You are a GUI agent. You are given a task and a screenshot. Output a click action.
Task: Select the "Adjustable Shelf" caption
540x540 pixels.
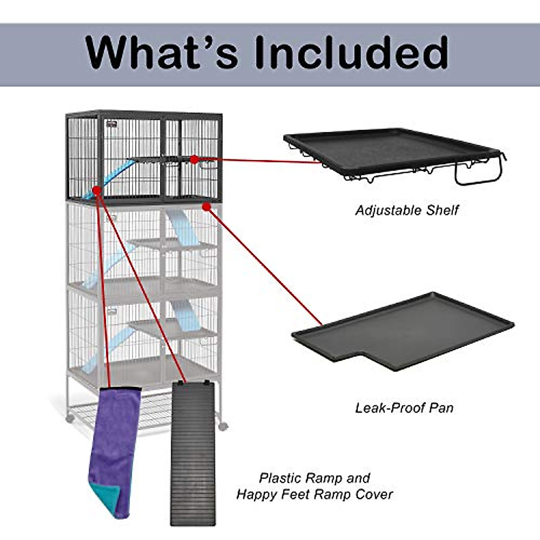[x=407, y=210]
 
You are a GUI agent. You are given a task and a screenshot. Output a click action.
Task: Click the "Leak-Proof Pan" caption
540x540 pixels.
[x=404, y=408]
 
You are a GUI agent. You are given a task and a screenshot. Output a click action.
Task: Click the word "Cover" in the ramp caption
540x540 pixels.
[x=374, y=495]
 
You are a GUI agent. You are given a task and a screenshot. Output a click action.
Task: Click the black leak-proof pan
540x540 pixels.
[x=405, y=328]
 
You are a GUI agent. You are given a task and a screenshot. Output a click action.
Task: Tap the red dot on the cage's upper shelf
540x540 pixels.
[x=194, y=159]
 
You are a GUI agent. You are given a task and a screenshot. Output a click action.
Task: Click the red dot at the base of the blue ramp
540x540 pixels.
[x=96, y=191]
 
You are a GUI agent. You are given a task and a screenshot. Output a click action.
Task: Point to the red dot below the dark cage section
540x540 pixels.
[x=207, y=207]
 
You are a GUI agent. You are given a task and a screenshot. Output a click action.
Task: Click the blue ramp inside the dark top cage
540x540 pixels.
[x=112, y=178]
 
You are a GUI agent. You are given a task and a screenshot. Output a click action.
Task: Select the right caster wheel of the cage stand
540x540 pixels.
[x=223, y=426]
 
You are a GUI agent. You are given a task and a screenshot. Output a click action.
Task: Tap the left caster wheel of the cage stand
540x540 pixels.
[x=70, y=418]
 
